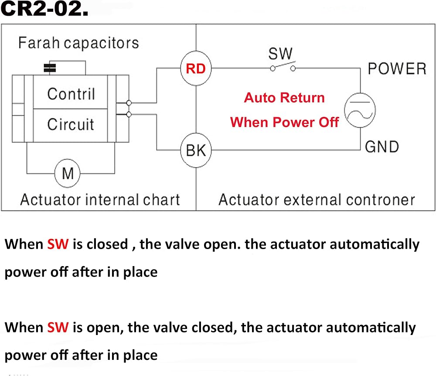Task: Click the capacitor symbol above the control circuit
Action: pyautogui.click(x=50, y=68)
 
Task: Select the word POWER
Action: pyautogui.click(x=397, y=68)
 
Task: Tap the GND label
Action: pyautogui.click(x=382, y=147)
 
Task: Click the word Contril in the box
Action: pyautogui.click(x=71, y=94)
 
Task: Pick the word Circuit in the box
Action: pyautogui.click(x=71, y=124)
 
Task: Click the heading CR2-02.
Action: pyautogui.click(x=44, y=8)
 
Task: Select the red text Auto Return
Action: pyautogui.click(x=284, y=98)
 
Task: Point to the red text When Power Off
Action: pyautogui.click(x=284, y=122)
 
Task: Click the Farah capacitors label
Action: pyautogui.click(x=78, y=43)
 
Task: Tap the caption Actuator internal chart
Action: pyautogui.click(x=100, y=200)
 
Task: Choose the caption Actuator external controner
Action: pyautogui.click(x=317, y=200)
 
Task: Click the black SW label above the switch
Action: pyautogui.click(x=280, y=53)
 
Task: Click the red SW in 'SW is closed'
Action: pyautogui.click(x=58, y=244)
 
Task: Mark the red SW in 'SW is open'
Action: pyautogui.click(x=58, y=327)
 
